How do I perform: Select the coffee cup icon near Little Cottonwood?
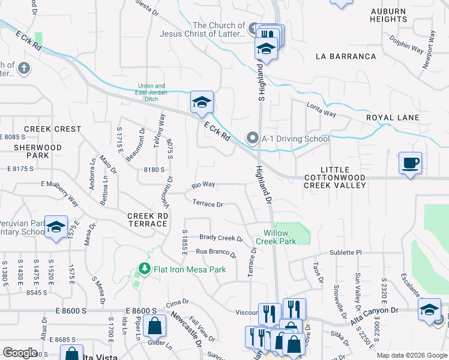click(410, 163)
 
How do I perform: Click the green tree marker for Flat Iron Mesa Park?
click(143, 268)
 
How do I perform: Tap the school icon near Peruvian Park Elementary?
click(56, 227)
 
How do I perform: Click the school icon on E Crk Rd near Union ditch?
click(202, 102)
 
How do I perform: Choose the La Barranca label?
click(346, 56)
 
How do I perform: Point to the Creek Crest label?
click(52, 129)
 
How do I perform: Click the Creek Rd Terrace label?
click(147, 220)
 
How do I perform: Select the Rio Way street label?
click(203, 185)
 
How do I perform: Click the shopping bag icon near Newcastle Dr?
click(155, 326)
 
